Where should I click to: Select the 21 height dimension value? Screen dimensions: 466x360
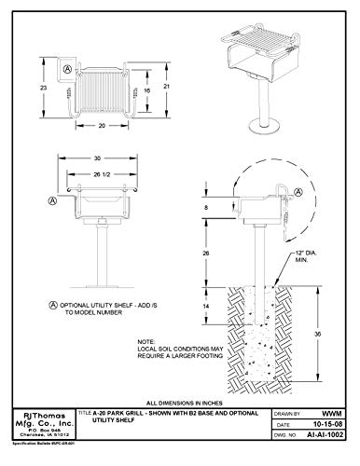[x=164, y=87]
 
